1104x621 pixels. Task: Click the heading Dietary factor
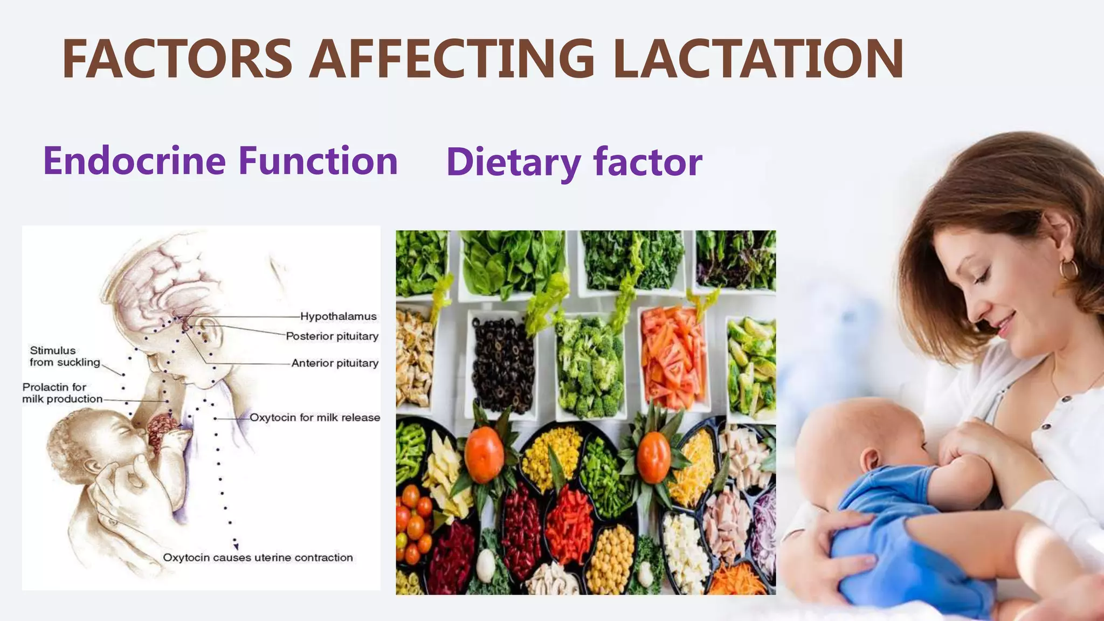(574, 162)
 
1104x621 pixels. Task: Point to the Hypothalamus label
(338, 316)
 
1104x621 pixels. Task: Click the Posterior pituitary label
(332, 336)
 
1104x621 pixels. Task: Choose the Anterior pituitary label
(335, 363)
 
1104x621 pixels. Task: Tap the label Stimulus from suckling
(65, 356)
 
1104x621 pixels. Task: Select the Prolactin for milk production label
(62, 393)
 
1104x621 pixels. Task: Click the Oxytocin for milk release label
(315, 418)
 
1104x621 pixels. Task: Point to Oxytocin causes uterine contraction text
(258, 557)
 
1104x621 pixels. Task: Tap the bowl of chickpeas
(611, 558)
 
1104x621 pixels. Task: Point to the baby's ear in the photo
(869, 460)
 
